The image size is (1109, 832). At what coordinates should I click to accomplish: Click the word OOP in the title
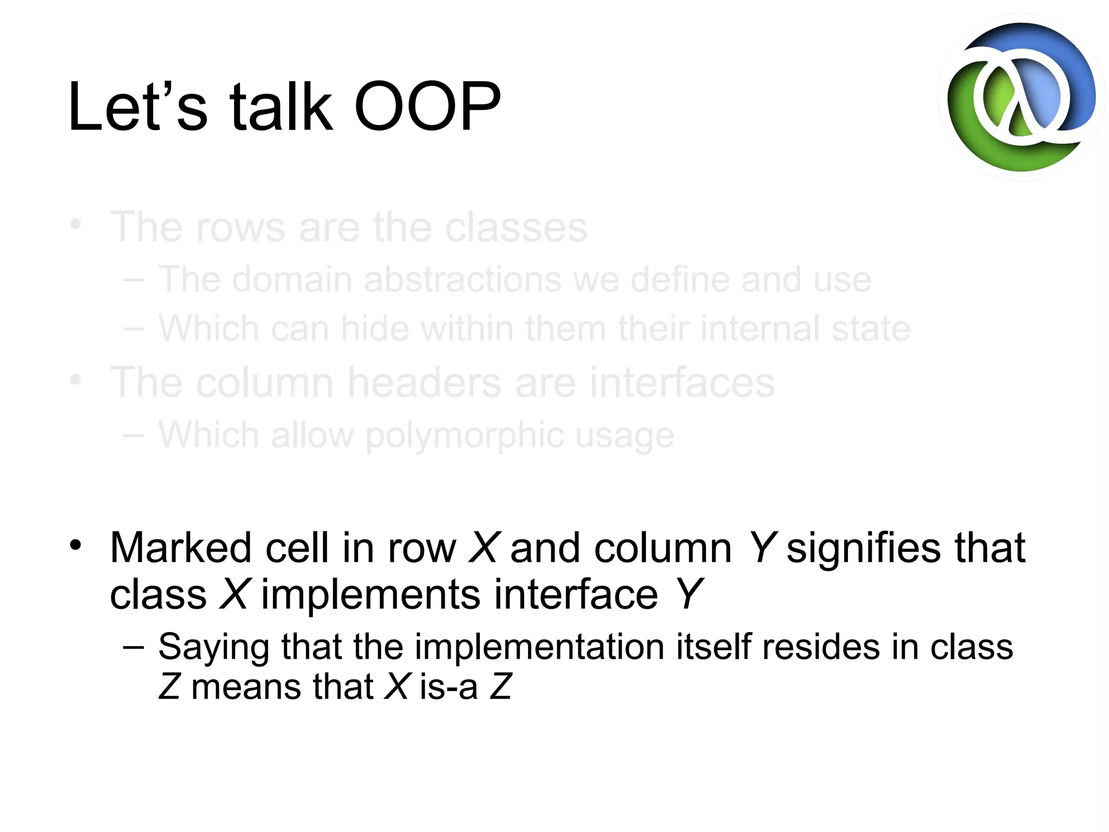coord(427,106)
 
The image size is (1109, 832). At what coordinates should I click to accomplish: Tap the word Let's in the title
coord(138,106)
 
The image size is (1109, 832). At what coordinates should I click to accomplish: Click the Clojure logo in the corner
coord(1021,97)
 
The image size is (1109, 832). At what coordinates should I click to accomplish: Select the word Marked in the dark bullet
coord(181,548)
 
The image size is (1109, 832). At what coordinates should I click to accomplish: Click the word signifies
coord(864,548)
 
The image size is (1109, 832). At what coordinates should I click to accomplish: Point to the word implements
coord(370,594)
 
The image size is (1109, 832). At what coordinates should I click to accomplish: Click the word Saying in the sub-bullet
coord(213,647)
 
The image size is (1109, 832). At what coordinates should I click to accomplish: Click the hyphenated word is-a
coord(448,687)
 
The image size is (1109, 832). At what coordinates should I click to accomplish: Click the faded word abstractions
coord(462,280)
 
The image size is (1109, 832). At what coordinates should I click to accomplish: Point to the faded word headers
coord(424,382)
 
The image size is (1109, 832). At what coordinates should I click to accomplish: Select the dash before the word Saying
coord(133,647)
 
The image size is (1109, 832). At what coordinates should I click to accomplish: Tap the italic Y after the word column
coord(762,548)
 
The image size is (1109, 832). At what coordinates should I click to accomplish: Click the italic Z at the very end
coord(500,687)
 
